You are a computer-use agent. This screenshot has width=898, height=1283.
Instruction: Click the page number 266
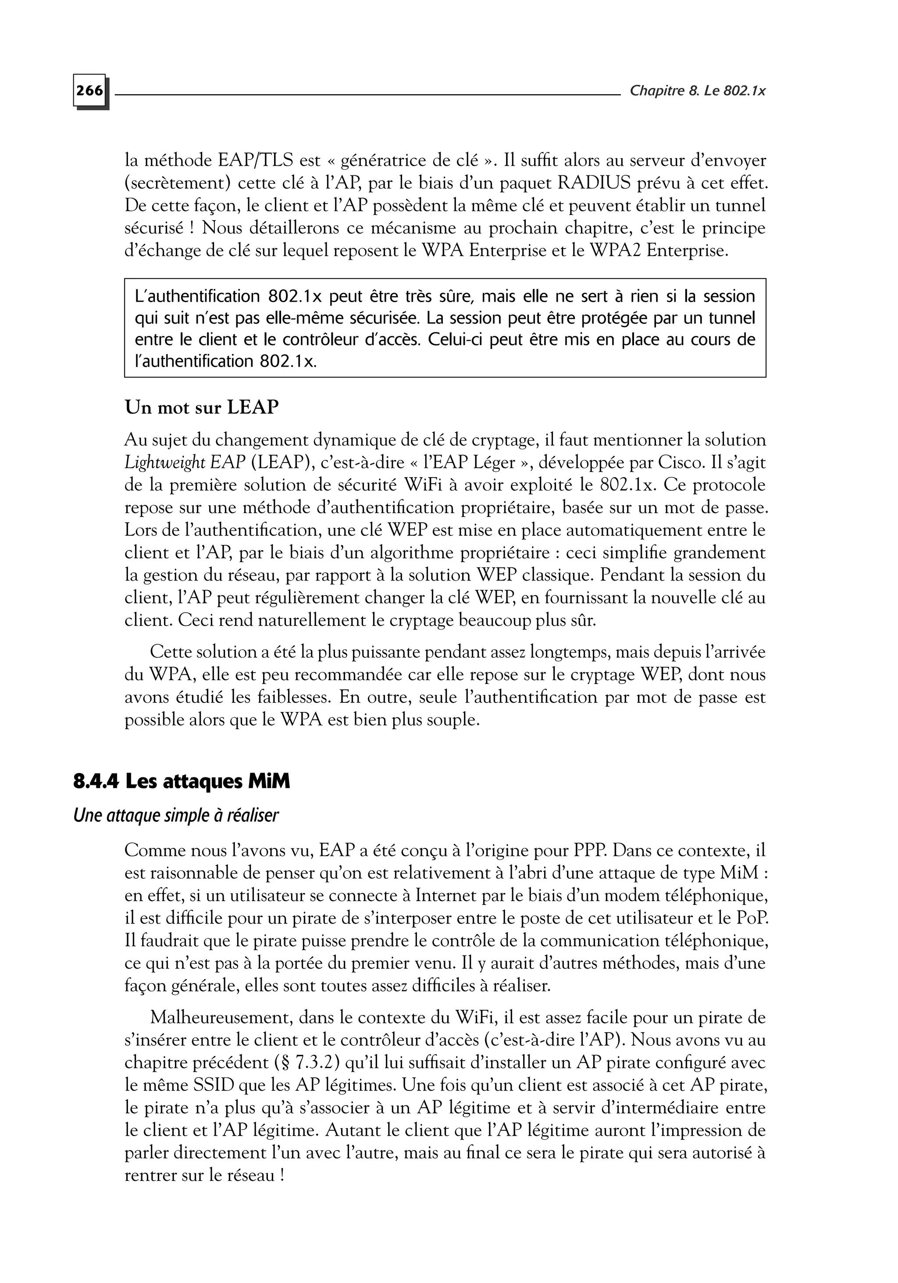tap(90, 90)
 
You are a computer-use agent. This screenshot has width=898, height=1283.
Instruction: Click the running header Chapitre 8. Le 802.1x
tap(697, 90)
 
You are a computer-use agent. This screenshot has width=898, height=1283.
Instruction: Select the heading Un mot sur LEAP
tap(201, 407)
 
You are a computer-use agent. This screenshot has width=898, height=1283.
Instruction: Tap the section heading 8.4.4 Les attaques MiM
tap(182, 782)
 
